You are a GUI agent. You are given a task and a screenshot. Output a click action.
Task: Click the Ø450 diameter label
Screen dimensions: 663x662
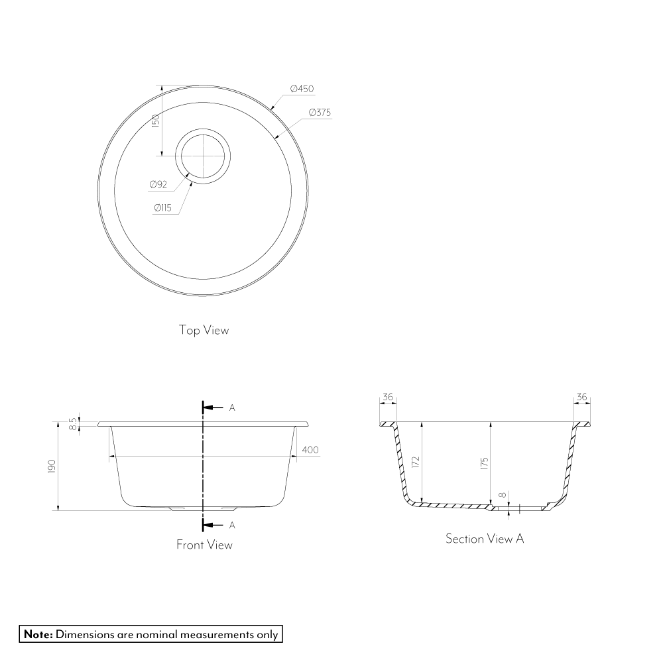tap(302, 89)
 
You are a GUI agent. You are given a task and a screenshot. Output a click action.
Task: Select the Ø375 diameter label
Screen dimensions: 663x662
tap(320, 113)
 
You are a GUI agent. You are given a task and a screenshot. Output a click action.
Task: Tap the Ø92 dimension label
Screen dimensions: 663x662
tap(158, 184)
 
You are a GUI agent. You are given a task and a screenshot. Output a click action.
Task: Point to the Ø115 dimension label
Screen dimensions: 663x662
tap(163, 207)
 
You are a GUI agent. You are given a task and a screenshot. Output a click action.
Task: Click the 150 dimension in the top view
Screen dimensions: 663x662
tap(155, 121)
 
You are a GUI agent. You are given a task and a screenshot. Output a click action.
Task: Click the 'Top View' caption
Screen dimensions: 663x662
tap(204, 330)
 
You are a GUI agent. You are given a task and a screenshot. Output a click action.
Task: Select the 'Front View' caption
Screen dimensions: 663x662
tap(204, 545)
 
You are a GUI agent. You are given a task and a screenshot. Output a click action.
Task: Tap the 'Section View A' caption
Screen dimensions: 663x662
tap(485, 539)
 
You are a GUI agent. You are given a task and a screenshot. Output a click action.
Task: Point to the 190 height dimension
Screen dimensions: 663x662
tap(52, 467)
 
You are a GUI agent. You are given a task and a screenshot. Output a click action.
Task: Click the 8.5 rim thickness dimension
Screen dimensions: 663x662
tap(74, 424)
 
